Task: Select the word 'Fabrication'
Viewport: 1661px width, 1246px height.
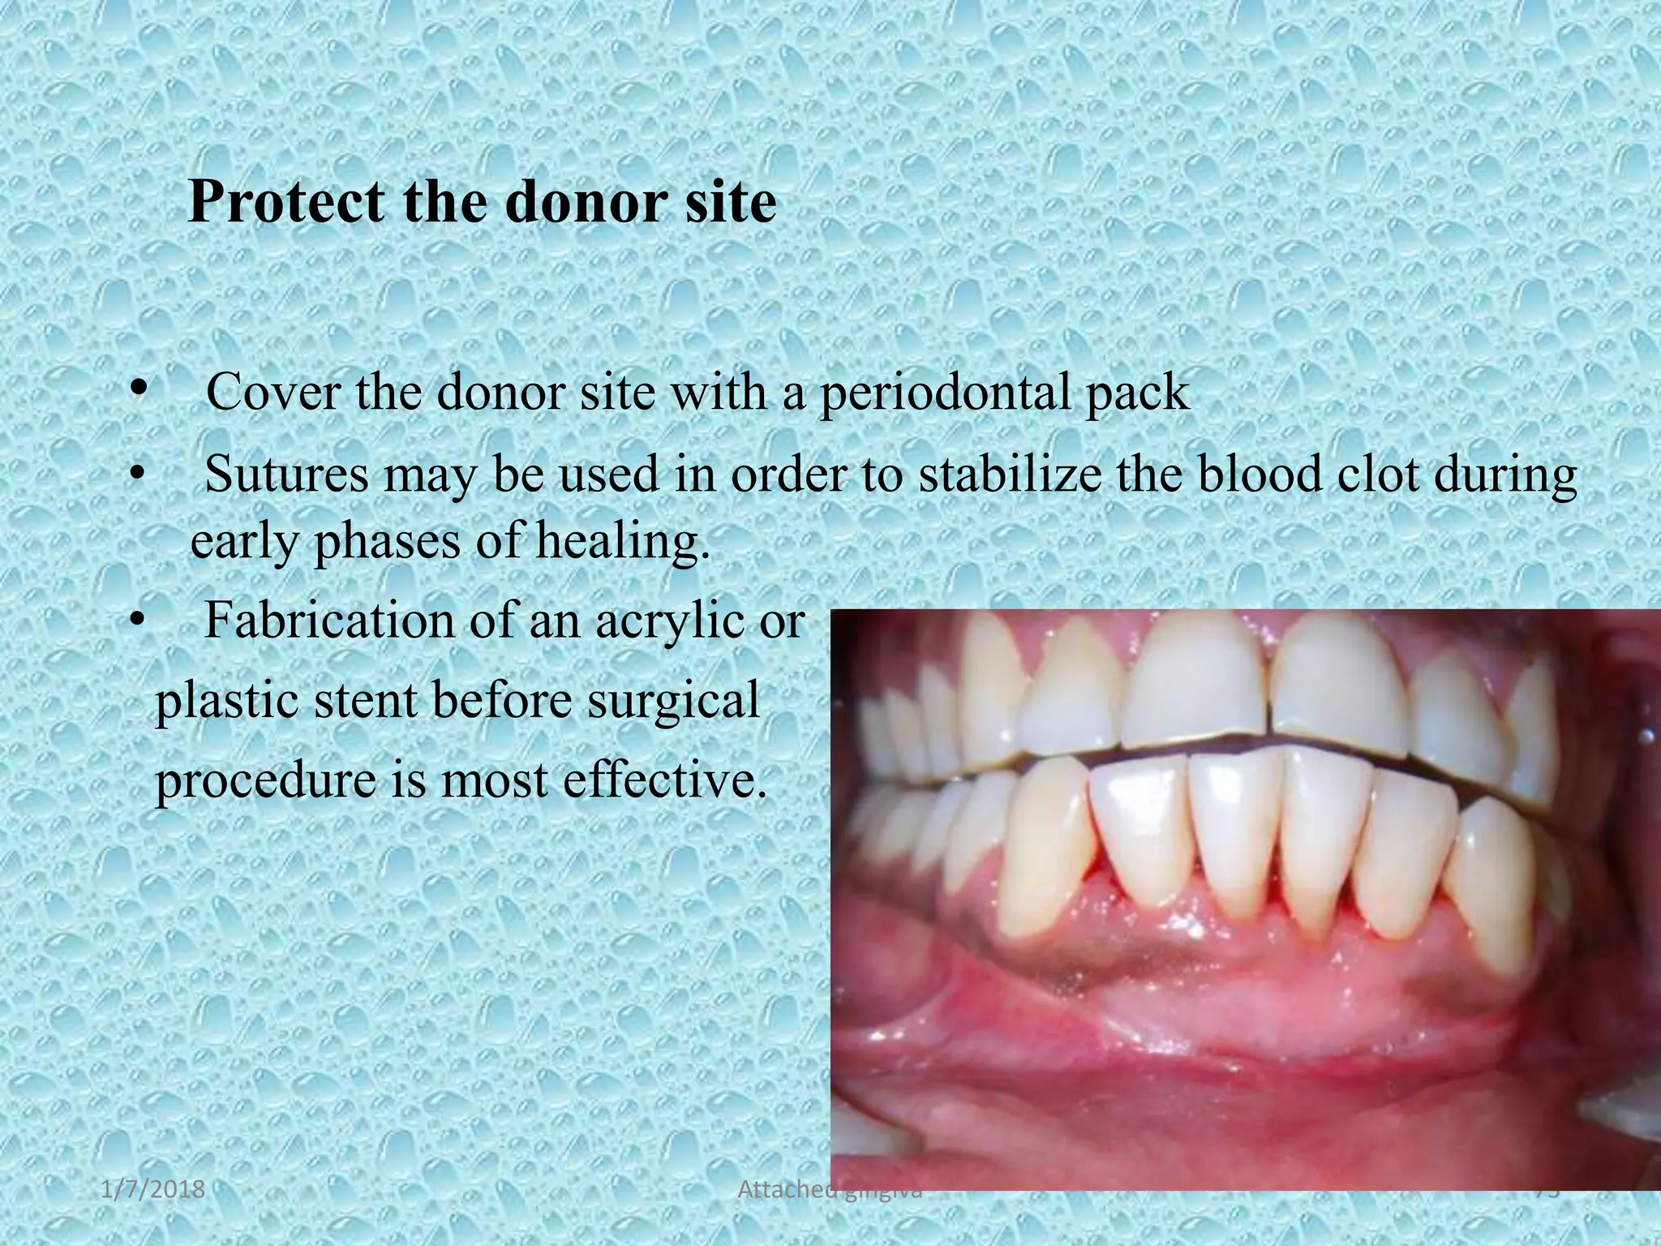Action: pyautogui.click(x=329, y=621)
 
